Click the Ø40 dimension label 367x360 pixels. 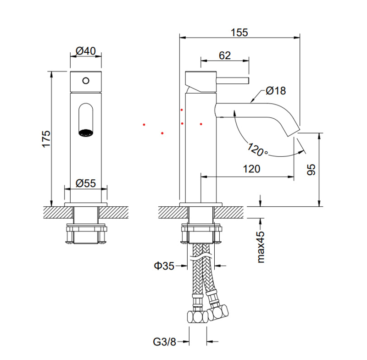coord(86,51)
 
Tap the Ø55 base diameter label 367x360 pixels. coord(86,183)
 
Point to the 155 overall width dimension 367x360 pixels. coord(239,33)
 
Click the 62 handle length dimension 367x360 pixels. coord(225,55)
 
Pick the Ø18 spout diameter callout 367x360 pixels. coord(275,91)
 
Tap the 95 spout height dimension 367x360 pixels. coord(312,170)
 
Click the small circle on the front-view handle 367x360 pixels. coord(85,81)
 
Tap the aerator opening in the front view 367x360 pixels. coord(85,133)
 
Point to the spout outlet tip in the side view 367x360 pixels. coord(294,132)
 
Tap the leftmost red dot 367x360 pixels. coord(144,124)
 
